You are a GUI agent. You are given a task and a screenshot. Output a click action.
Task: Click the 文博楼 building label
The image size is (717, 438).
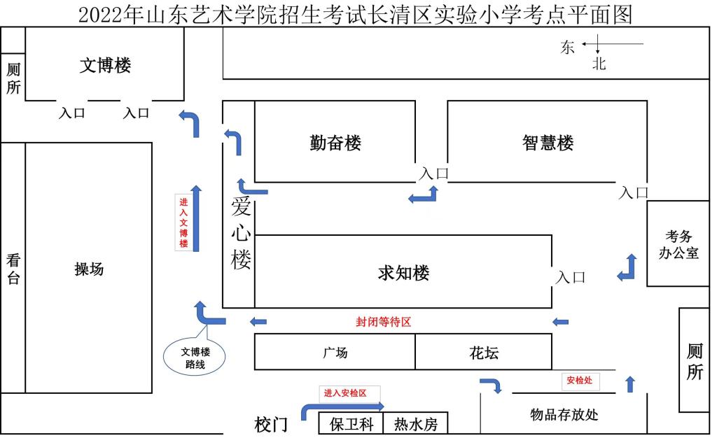(x=106, y=65)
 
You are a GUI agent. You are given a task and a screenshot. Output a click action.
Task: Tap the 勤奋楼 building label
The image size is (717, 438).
(x=335, y=143)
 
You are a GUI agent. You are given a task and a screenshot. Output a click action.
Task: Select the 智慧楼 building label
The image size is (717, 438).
(x=548, y=143)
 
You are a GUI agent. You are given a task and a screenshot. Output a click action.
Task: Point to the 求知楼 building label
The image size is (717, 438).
(x=403, y=273)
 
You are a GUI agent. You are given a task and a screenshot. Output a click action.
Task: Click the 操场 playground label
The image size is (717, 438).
(x=89, y=269)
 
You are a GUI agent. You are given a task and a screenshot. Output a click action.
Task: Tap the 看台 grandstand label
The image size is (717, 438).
(x=13, y=269)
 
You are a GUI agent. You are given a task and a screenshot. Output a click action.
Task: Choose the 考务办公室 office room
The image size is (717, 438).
(x=678, y=244)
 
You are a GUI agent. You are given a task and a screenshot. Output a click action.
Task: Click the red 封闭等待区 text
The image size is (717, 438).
(x=383, y=322)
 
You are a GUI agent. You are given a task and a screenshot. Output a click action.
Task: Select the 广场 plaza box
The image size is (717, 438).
(x=335, y=352)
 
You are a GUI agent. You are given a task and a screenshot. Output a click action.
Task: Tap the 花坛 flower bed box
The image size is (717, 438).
(x=484, y=352)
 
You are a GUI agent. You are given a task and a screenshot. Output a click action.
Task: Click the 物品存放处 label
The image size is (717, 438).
(x=564, y=414)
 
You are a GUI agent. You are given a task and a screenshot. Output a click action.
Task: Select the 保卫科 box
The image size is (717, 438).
(x=351, y=424)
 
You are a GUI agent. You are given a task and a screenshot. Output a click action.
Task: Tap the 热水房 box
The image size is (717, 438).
(x=415, y=424)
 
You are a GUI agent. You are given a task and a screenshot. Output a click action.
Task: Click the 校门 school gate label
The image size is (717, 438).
(x=271, y=424)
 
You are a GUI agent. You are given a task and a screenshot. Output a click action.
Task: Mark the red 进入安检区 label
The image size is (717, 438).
(x=345, y=393)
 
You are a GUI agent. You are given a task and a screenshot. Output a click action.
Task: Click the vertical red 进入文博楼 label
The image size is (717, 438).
(x=183, y=222)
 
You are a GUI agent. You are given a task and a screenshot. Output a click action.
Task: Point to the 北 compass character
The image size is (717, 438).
(x=599, y=64)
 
